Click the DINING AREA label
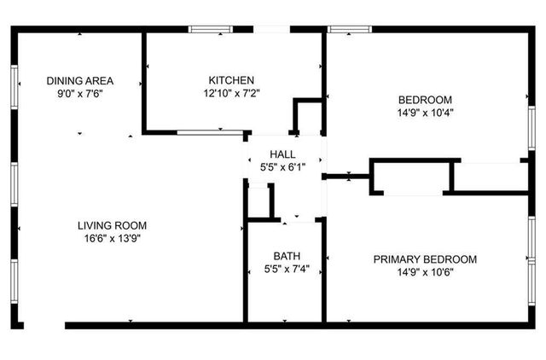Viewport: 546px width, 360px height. (x=80, y=81)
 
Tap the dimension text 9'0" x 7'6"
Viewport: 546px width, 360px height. (x=80, y=94)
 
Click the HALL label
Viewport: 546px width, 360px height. (x=282, y=154)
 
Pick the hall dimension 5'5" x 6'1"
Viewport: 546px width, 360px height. (x=282, y=166)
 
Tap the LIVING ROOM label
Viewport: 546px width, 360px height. (x=113, y=225)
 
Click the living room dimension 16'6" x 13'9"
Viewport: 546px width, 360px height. (x=113, y=238)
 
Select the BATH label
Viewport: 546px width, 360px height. (x=286, y=256)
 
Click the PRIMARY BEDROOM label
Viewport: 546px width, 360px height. (x=425, y=259)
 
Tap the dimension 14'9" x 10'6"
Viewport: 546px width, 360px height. (x=425, y=272)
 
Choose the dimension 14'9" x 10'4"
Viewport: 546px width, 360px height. (x=424, y=112)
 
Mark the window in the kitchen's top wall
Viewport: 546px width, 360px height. (x=212, y=30)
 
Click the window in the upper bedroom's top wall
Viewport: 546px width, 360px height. (x=349, y=30)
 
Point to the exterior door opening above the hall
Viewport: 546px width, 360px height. (x=272, y=30)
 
